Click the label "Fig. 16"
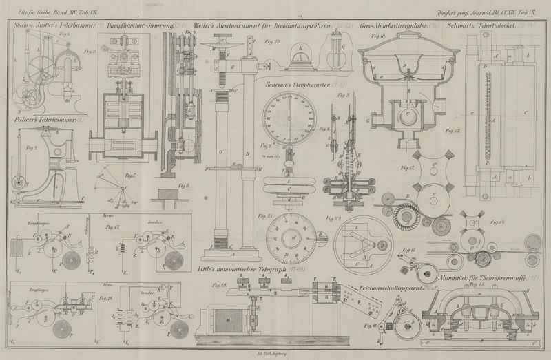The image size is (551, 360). (x=377, y=34)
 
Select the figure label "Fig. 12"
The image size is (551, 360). (x=452, y=130)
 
